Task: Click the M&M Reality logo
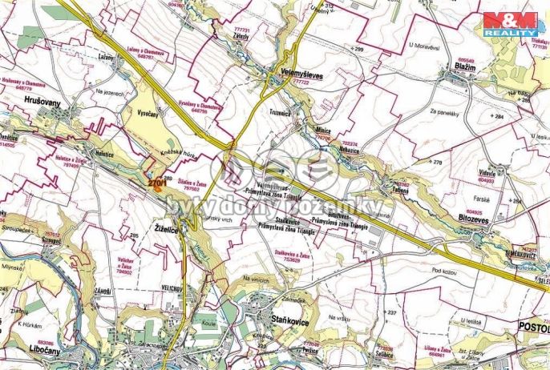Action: tap(510, 23)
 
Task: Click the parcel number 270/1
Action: tap(158, 183)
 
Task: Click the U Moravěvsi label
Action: tap(425, 48)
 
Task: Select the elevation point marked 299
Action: tap(358, 50)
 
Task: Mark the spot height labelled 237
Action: tap(391, 312)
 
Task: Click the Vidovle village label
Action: tap(487, 172)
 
